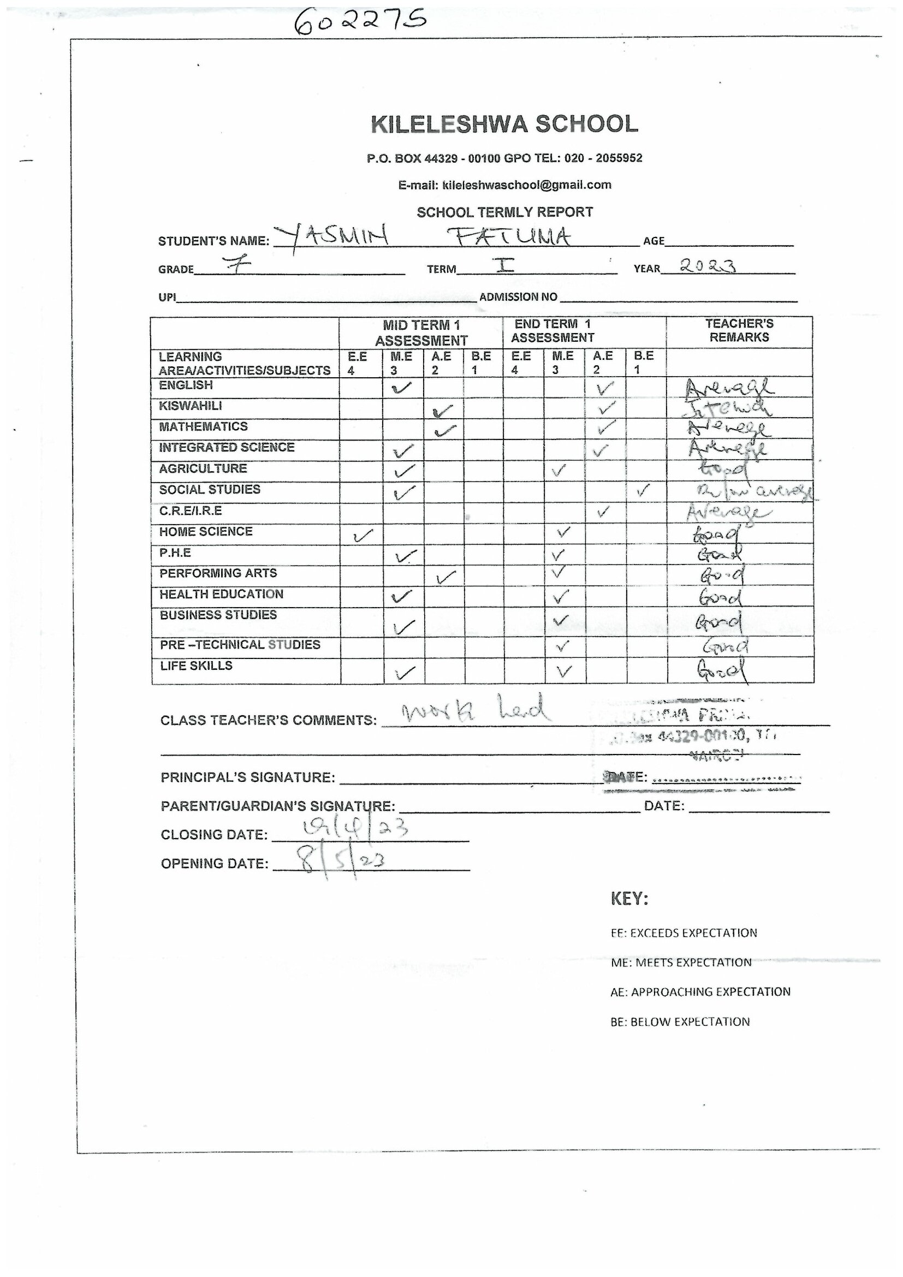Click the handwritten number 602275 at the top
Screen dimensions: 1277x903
[x=360, y=22]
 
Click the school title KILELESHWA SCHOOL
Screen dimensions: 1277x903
[x=504, y=124]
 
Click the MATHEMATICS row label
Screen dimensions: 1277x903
[x=203, y=426]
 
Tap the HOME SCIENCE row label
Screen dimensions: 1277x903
[x=206, y=532]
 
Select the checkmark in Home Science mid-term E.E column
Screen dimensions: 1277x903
[x=363, y=535]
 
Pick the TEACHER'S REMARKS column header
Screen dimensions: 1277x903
[x=739, y=330]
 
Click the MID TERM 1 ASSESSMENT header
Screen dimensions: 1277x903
[x=421, y=332]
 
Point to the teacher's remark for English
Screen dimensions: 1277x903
[x=728, y=387]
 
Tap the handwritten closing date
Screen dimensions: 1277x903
[x=355, y=829]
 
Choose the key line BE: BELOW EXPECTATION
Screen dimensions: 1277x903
[x=680, y=1021]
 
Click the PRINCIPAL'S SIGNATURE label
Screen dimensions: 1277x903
[x=247, y=777]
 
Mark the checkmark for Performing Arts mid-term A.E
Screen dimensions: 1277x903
[x=446, y=577]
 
